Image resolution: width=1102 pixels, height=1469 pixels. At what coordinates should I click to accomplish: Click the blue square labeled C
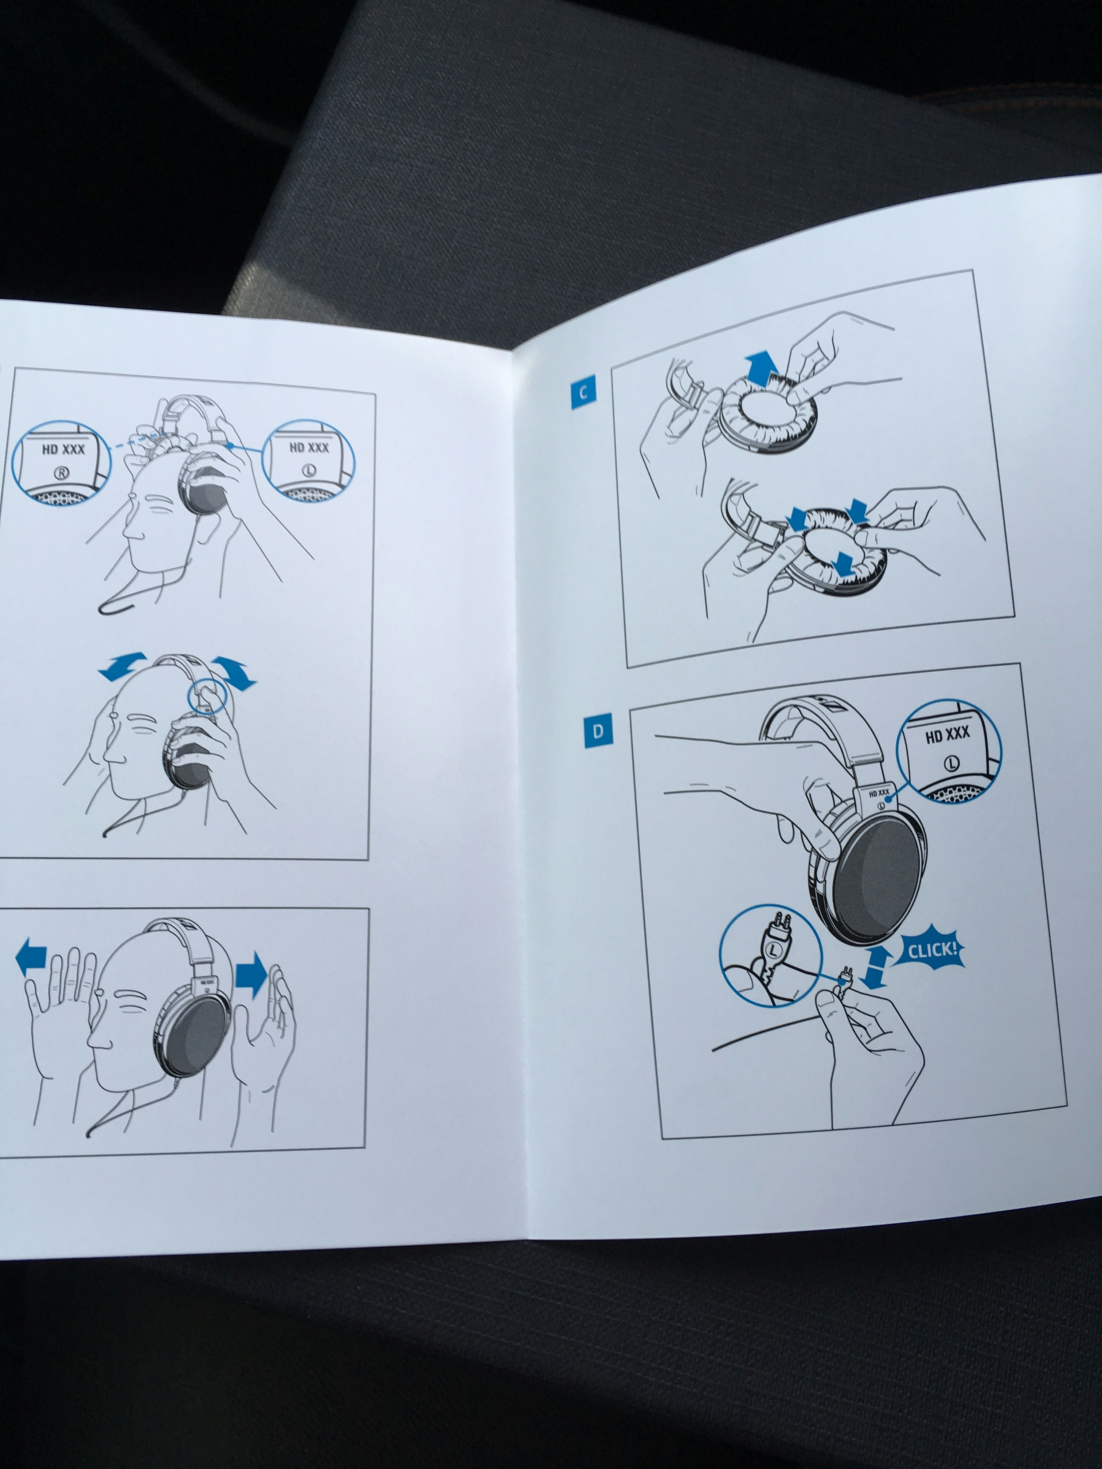(x=583, y=392)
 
